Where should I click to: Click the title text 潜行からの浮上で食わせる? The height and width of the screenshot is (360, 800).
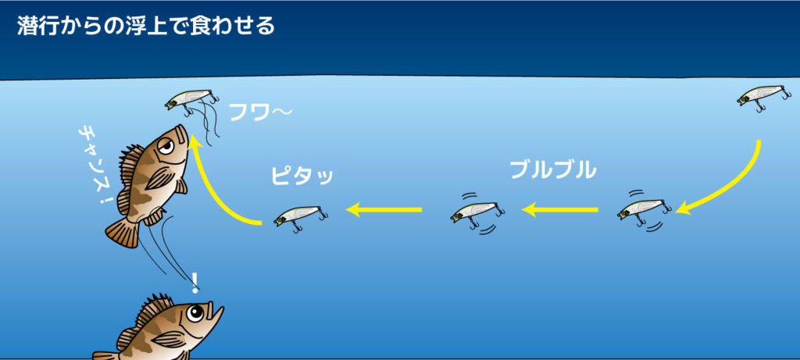[x=145, y=26]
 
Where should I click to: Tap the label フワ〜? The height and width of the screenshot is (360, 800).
[x=260, y=114]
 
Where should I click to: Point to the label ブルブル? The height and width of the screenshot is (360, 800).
[x=552, y=169]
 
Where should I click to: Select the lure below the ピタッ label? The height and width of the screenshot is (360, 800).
[x=300, y=215]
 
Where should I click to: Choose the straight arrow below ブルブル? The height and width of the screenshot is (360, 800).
[x=559, y=209]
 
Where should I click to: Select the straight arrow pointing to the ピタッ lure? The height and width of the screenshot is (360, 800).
[x=384, y=209]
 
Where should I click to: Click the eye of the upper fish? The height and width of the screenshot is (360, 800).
[x=165, y=144]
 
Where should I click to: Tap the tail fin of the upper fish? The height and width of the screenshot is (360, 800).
[x=122, y=231]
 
